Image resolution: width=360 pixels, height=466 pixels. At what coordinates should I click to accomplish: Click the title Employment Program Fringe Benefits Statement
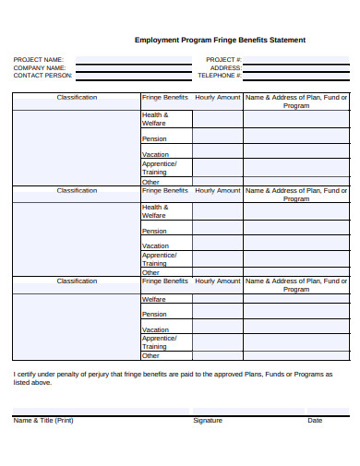point(220,41)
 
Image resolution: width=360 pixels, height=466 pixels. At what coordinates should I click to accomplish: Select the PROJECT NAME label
point(39,60)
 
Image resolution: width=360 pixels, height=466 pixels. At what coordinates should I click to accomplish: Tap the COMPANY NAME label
point(40,68)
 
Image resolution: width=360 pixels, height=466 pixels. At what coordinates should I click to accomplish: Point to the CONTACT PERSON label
point(42,76)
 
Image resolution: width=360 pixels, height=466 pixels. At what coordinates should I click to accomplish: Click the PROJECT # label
point(223,60)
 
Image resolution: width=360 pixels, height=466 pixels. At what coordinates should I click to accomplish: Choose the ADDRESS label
point(225,68)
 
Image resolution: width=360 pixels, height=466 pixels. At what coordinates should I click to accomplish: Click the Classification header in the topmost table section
point(77,97)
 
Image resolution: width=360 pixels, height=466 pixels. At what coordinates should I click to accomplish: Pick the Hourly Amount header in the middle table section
point(218,190)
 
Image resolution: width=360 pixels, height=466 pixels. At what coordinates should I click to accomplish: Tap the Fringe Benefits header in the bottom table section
point(165,281)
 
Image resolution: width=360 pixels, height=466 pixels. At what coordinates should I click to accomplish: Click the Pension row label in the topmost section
point(154,139)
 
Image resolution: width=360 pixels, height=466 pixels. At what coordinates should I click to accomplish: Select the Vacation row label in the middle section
point(155,246)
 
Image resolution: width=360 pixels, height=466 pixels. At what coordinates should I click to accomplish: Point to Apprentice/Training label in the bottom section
point(159,342)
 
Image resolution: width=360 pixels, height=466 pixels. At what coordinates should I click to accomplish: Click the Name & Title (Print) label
point(43,420)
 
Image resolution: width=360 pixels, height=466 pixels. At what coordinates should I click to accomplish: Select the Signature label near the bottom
point(208,420)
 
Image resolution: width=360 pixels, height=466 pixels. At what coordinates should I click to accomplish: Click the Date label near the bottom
point(315,420)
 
